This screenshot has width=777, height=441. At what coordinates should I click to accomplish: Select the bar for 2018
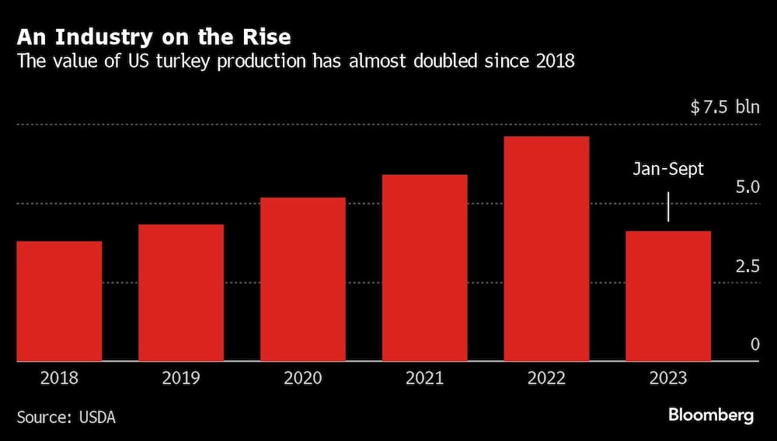pos(59,301)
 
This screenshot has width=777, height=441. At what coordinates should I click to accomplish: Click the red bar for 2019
pos(181,292)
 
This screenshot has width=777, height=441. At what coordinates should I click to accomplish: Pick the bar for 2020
pos(303,279)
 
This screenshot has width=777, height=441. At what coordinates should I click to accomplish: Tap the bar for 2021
pos(424,268)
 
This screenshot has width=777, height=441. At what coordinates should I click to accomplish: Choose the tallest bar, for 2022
pos(546,249)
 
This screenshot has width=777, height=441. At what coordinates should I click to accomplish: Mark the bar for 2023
pos(668,296)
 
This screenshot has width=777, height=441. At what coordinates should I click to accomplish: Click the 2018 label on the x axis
pos(59,379)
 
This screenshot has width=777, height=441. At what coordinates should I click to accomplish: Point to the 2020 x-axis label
pos(303,379)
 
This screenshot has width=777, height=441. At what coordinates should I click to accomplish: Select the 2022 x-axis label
pos(546,379)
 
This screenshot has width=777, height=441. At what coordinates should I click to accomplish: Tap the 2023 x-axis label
pos(668,379)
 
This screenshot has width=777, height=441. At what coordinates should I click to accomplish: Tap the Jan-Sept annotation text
pos(668,169)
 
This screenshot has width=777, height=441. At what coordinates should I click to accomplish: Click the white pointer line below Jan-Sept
pos(668,207)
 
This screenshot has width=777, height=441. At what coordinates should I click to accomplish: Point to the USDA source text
pos(97,418)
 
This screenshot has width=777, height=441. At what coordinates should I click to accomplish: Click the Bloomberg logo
pos(711,415)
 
